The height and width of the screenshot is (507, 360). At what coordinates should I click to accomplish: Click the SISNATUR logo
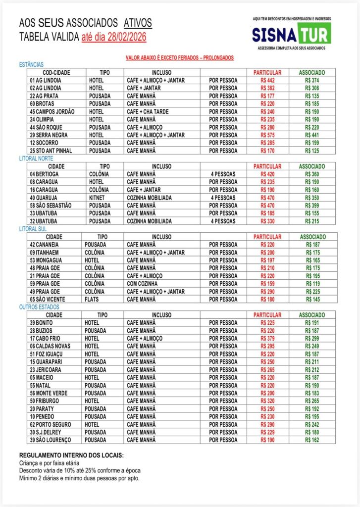coord(291,34)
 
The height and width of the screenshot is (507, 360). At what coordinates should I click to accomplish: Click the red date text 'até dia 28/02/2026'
coord(114,37)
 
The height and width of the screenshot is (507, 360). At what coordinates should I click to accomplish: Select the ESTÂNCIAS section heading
coord(31,65)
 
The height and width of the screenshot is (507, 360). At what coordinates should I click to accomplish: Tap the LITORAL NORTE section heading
coord(36,159)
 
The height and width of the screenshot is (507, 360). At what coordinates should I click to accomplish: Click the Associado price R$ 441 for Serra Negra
coord(312,135)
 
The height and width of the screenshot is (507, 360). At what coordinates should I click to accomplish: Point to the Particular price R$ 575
coord(267,135)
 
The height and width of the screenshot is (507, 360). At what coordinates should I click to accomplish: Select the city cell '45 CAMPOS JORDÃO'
coord(52,111)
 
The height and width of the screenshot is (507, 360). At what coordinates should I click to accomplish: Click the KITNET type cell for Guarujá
coord(97,198)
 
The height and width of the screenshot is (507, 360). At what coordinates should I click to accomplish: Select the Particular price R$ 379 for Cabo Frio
coord(267,338)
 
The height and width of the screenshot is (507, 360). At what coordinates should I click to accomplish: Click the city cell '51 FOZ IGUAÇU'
coord(50,354)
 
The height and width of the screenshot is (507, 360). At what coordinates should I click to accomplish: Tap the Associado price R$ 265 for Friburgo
coord(312,401)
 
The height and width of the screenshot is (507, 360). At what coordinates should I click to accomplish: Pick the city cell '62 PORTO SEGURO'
coord(51,424)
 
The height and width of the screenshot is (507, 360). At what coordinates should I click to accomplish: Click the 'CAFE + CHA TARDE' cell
coord(148,111)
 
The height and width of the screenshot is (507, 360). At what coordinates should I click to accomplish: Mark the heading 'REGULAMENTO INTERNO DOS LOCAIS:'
coord(71,455)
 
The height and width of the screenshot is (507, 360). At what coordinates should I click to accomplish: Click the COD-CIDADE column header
coord(56,72)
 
